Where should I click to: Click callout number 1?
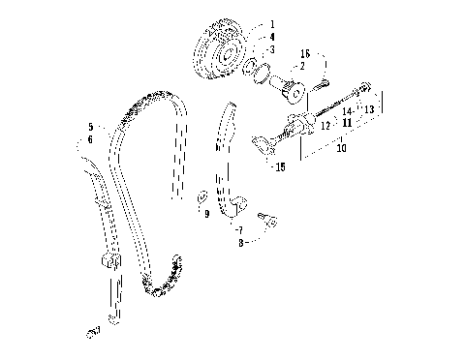point(272,23)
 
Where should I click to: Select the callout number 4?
point(272,37)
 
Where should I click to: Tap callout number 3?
point(272,48)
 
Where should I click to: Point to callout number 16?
point(304,54)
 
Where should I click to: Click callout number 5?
point(90,127)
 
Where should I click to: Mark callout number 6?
point(90,140)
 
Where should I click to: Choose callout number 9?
point(206,214)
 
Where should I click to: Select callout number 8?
point(238,246)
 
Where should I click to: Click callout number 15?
point(280,166)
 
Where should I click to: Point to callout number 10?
point(340,149)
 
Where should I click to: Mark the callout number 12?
point(325,125)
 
